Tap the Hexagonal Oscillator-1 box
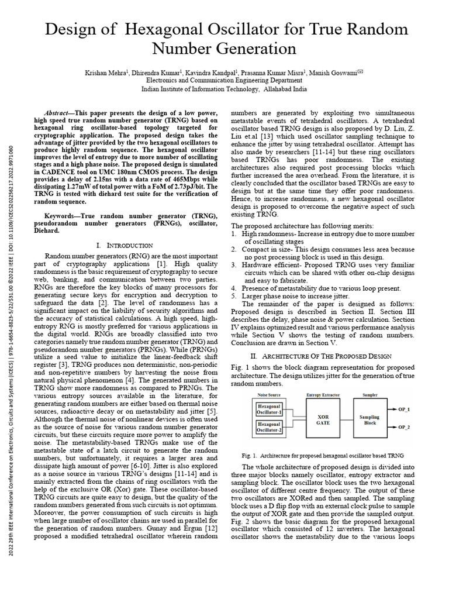[x=269, y=408]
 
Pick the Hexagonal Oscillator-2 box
[x=269, y=428]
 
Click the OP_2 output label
[x=405, y=428]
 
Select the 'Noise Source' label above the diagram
[x=270, y=396]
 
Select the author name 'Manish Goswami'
[x=338, y=72]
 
